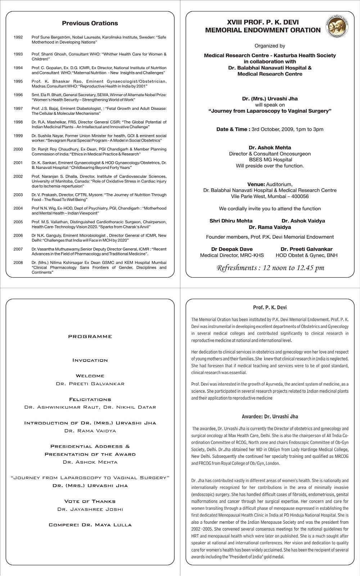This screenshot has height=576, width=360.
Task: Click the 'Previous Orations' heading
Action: click(x=90, y=23)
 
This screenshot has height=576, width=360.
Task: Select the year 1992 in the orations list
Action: click(x=18, y=37)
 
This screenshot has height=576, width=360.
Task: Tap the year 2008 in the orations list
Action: click(x=18, y=263)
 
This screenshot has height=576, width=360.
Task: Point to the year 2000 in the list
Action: click(x=18, y=149)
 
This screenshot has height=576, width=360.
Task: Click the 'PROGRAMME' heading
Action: click(x=90, y=337)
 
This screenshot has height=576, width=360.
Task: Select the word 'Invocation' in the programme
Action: click(x=90, y=360)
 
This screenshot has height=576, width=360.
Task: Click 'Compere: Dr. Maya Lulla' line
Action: click(x=90, y=525)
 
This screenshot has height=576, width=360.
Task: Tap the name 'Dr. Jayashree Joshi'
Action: click(x=90, y=509)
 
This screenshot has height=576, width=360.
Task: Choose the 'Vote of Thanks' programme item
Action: click(x=90, y=501)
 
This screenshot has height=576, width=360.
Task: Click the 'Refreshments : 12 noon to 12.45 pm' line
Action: click(x=270, y=268)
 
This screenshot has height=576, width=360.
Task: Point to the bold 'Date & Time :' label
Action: click(x=233, y=130)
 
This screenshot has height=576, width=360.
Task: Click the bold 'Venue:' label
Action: click(x=256, y=184)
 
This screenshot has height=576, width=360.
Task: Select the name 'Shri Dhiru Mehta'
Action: click(x=231, y=221)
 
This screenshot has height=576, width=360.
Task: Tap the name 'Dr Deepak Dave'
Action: click(x=232, y=249)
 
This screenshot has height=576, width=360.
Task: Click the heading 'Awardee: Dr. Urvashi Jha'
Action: click(x=270, y=417)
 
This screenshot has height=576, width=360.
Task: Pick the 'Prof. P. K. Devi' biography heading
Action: click(x=270, y=308)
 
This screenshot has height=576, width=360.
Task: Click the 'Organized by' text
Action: click(x=270, y=46)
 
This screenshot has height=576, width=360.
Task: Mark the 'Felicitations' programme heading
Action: click(x=90, y=400)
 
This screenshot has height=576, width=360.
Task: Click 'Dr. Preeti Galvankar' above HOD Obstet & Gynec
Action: click(x=306, y=249)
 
